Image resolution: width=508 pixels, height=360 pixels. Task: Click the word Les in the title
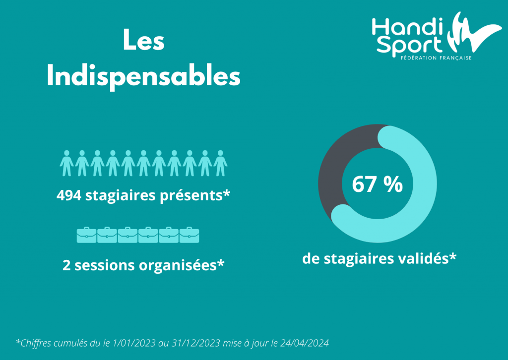pyautogui.click(x=143, y=41)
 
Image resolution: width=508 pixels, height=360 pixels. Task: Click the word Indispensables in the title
pyautogui.click(x=143, y=76)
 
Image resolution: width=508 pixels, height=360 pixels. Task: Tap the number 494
pyautogui.click(x=69, y=196)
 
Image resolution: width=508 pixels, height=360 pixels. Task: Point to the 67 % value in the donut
pyautogui.click(x=377, y=184)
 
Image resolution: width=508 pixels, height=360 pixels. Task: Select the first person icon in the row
pyautogui.click(x=66, y=163)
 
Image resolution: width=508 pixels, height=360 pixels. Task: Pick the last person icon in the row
pyautogui.click(x=220, y=163)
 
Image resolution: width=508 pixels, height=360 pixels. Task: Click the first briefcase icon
pyautogui.click(x=87, y=235)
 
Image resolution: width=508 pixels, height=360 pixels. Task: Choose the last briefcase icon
pyautogui.click(x=189, y=235)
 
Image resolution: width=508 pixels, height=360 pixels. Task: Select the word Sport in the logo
pyautogui.click(x=408, y=46)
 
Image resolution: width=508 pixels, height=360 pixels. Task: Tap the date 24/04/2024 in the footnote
pyautogui.click(x=305, y=343)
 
